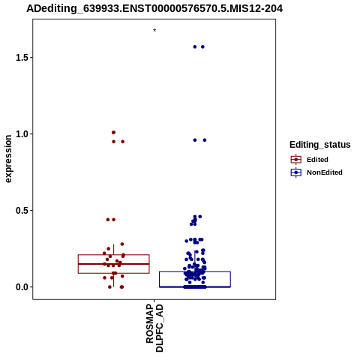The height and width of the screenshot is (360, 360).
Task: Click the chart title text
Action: click(x=154, y=8)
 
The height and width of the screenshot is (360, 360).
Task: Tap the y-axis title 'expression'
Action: click(x=8, y=159)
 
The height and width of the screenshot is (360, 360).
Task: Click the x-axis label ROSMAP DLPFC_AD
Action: click(x=154, y=328)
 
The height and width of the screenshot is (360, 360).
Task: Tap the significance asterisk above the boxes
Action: click(x=154, y=30)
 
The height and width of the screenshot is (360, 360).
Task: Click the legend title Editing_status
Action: click(x=320, y=145)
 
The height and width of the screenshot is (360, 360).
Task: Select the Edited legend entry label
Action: click(x=317, y=160)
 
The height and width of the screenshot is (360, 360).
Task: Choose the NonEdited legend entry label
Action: click(x=325, y=172)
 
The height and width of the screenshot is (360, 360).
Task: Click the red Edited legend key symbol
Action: click(x=296, y=159)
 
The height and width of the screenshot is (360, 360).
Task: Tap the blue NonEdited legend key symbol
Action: click(x=296, y=172)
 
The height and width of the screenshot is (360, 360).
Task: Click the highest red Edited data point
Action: click(x=113, y=132)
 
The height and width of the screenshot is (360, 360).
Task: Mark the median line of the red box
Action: click(x=114, y=264)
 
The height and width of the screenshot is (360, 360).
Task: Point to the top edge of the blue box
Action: click(x=195, y=271)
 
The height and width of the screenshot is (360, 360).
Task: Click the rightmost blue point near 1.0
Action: click(x=205, y=140)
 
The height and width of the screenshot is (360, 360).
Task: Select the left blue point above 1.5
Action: click(x=195, y=46)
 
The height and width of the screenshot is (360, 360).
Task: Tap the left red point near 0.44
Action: click(x=108, y=220)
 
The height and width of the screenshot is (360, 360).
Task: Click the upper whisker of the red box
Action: click(x=114, y=249)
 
